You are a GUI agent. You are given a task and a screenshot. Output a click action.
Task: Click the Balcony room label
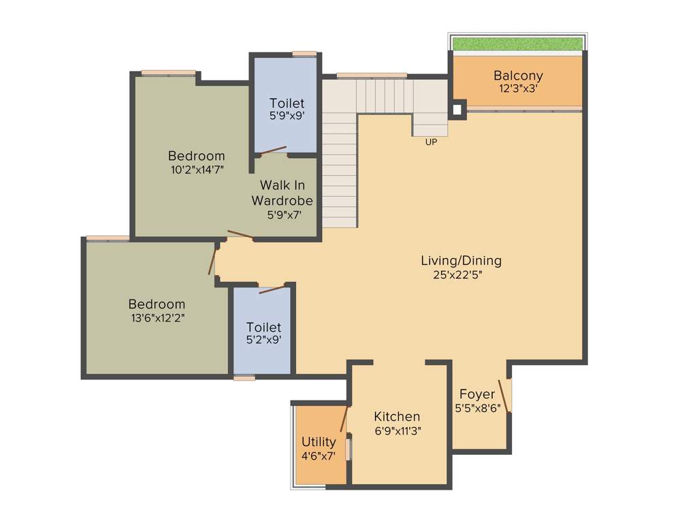tap(518, 76)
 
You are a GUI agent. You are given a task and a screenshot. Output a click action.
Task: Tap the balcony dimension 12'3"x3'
tap(518, 89)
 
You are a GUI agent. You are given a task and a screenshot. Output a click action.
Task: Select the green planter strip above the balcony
tap(517, 44)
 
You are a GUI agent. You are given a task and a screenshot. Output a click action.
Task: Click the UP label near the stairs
tap(431, 142)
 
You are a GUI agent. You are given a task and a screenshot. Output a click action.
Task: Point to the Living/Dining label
tap(461, 261)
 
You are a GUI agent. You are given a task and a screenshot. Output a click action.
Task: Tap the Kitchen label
tap(397, 416)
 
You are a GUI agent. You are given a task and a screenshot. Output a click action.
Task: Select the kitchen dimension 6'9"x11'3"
tap(397, 430)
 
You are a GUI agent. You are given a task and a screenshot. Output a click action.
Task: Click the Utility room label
tap(319, 442)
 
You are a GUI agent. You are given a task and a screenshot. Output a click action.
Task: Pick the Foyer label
tap(477, 394)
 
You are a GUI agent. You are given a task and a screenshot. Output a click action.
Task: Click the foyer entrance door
tap(505, 396)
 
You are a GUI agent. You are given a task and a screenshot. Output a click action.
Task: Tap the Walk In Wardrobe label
tap(282, 193)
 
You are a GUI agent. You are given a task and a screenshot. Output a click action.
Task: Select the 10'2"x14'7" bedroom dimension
tap(197, 170)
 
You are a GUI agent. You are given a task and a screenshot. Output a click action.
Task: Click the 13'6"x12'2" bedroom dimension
tap(157, 318)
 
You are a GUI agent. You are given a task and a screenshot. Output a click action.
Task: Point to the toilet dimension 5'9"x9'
tap(287, 116)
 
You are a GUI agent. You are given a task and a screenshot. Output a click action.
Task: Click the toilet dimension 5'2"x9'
tap(263, 340)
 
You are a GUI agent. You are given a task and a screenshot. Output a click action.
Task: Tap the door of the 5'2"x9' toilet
tap(272, 289)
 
